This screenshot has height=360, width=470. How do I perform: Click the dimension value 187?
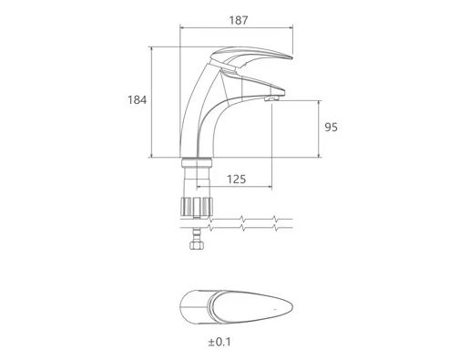click(239, 20)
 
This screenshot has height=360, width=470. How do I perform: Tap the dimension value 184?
click(137, 99)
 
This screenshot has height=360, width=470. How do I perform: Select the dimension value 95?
click(331, 127)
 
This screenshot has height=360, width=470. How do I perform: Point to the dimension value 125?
click(237, 180)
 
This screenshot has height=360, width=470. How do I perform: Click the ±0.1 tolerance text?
click(220, 342)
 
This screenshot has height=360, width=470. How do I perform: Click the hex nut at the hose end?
click(197, 245)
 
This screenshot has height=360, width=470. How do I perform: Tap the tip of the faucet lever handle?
click(291, 57)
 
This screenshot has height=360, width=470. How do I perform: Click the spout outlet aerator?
click(271, 98)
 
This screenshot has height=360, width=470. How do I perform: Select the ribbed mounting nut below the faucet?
click(197, 207)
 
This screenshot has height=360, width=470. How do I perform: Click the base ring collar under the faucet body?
click(197, 162)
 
